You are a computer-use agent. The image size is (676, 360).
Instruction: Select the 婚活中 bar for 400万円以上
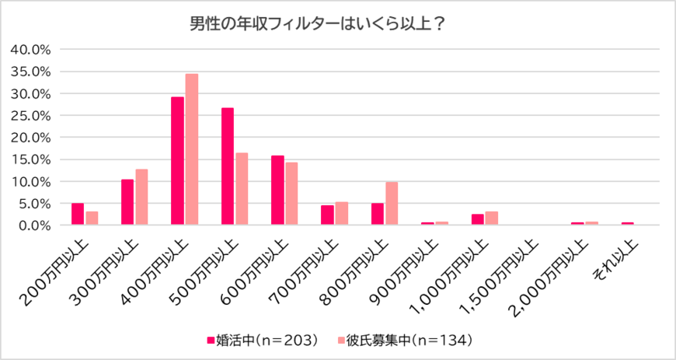pos(177,161)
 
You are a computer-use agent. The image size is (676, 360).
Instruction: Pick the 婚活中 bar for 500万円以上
pos(228,166)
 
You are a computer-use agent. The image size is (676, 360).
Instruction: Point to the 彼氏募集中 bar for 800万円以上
pos(392,204)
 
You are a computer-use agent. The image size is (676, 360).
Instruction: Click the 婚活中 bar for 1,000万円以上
pos(477,219)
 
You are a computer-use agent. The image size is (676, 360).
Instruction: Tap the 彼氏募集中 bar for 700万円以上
pos(342,214)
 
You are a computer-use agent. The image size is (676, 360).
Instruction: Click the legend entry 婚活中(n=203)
pos(263,340)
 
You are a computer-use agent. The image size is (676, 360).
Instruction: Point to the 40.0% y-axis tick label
pos(31,49)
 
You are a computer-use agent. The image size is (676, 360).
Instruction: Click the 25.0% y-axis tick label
pos(31,115)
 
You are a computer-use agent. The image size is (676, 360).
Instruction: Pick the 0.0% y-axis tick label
pos(34,225)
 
